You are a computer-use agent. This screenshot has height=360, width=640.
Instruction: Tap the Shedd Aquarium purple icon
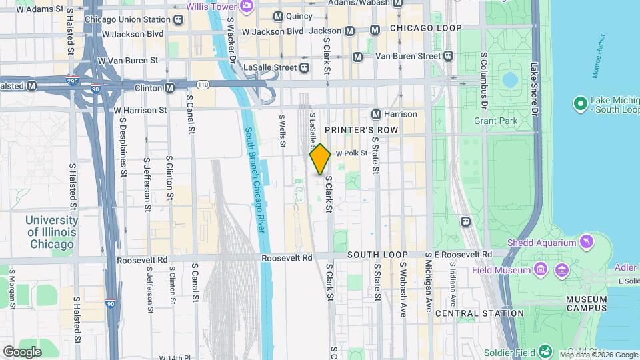586,241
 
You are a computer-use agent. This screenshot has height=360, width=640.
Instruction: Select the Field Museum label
501,270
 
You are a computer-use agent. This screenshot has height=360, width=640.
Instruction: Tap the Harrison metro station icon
377,114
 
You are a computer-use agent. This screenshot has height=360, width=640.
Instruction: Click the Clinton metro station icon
170,87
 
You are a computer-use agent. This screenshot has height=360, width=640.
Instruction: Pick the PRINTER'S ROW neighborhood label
361,130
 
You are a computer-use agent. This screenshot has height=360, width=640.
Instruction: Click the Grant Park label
495,121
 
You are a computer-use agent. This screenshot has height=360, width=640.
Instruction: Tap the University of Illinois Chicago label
51,232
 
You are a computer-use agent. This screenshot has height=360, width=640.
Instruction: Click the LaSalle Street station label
269,67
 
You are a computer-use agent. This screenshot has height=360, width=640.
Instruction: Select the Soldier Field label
516,351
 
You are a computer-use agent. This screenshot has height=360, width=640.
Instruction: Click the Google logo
21,351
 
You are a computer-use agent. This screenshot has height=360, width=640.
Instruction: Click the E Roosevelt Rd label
463,255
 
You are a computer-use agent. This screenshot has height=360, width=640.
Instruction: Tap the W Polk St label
352,153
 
